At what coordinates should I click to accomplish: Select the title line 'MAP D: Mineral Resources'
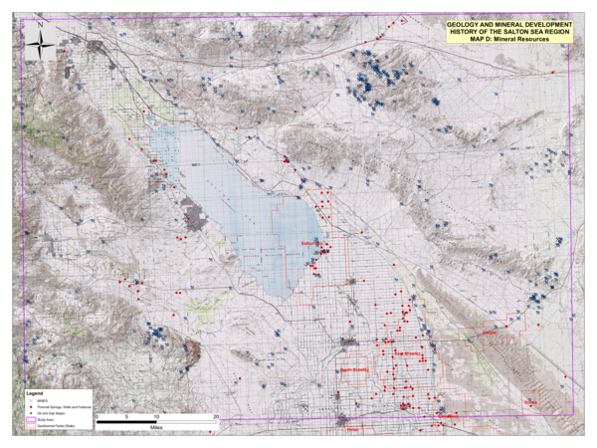[508, 39]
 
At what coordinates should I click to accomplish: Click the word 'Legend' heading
[32, 395]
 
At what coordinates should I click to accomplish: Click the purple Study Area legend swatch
[30, 423]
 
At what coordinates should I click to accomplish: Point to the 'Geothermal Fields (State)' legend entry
[56, 430]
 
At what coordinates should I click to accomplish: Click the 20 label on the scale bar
[216, 415]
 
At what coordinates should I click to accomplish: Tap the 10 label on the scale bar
[157, 415]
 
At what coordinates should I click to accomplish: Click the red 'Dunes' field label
[529, 402]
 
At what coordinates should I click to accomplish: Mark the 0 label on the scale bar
[98, 415]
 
